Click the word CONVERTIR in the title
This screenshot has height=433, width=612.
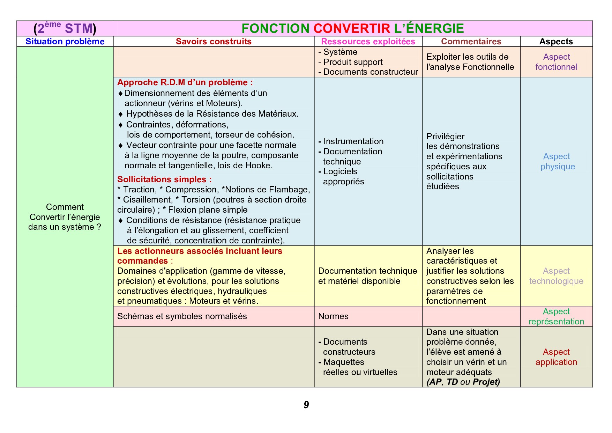coord(352,28)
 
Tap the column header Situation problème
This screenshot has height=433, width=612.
coord(65,42)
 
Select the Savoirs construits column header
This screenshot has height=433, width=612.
coord(214,42)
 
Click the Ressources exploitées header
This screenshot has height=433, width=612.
coord(368,42)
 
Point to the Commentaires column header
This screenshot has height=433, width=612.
coord(471,42)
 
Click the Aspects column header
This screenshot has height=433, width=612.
coord(556,42)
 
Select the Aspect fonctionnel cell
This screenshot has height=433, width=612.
coord(556,62)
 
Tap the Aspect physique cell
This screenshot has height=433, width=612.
coord(557,161)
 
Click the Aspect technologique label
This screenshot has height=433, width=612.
coord(556,276)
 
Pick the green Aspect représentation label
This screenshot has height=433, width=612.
coord(556,316)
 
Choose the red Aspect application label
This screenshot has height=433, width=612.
coord(556,357)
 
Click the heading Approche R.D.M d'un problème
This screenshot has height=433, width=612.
coord(185,82)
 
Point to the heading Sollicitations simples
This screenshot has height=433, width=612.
coord(164,179)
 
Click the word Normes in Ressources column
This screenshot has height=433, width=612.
coord(333,316)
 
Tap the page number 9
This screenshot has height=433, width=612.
coord(306,405)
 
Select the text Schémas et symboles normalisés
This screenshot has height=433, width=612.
coord(182,316)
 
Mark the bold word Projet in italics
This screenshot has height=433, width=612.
coord(486,382)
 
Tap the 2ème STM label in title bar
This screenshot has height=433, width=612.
coord(65,28)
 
